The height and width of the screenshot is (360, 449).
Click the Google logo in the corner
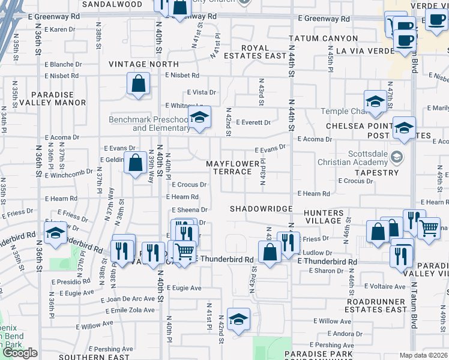(x=20, y=353)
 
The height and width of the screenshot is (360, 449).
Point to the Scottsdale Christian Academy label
(x=360, y=157)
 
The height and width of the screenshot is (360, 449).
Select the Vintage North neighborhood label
(x=143, y=64)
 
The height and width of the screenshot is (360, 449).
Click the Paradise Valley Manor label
(x=44, y=99)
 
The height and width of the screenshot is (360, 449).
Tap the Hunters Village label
(x=323, y=217)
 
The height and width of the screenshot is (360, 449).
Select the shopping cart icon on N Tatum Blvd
(x=429, y=227)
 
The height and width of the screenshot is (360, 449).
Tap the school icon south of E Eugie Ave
(x=238, y=319)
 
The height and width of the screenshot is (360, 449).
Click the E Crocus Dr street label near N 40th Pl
(x=189, y=185)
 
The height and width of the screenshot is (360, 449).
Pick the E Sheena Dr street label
(x=189, y=210)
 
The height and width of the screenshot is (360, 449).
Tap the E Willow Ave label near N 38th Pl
(x=94, y=325)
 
